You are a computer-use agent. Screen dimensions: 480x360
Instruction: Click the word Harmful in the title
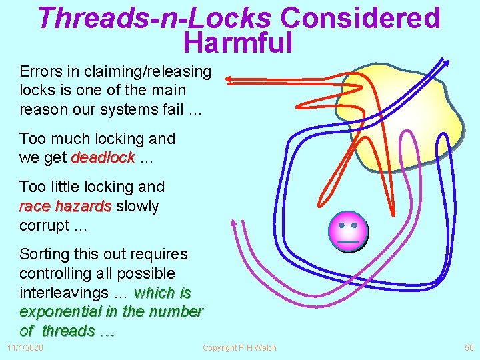coord(237,43)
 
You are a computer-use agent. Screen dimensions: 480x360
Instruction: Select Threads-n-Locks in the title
coord(155,19)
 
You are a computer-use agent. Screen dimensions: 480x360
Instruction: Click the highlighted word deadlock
coord(103,158)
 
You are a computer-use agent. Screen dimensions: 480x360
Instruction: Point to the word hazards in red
coord(84,206)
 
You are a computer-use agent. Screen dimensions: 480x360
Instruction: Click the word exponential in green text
coord(57,311)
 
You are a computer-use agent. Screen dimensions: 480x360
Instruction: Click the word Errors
coord(41,71)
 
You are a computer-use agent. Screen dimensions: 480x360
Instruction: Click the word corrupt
coord(44,225)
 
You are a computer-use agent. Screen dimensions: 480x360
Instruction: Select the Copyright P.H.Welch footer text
coord(239,348)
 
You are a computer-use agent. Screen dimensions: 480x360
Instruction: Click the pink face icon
coord(348,230)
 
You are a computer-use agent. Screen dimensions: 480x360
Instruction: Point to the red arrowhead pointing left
coord(229,80)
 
